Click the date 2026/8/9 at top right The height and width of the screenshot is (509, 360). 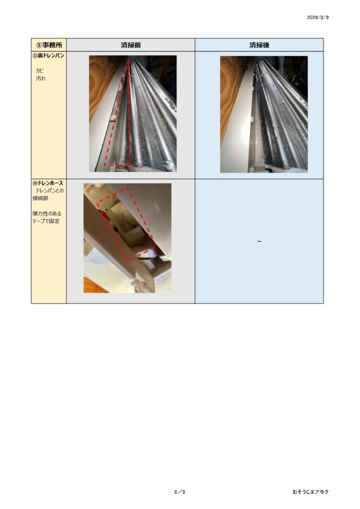(317, 17)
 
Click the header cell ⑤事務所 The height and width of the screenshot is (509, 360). (49, 45)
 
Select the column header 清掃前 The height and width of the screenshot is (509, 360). (131, 45)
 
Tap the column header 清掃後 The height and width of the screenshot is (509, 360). (260, 45)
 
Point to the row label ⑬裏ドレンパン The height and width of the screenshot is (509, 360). (48, 56)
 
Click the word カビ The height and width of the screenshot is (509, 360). (40, 70)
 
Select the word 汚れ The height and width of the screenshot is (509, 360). (41, 78)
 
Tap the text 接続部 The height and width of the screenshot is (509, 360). (40, 198)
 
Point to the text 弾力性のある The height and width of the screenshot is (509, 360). (47, 214)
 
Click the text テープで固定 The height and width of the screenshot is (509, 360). (46, 221)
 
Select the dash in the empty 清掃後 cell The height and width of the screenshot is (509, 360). (259, 241)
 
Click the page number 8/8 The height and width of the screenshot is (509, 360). (180, 492)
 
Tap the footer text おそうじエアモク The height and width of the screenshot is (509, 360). (310, 492)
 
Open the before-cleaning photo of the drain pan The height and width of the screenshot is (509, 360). (133, 114)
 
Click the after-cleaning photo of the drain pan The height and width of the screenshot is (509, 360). (264, 114)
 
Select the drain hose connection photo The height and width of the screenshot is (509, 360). (127, 238)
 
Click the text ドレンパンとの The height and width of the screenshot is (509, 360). (49, 190)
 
